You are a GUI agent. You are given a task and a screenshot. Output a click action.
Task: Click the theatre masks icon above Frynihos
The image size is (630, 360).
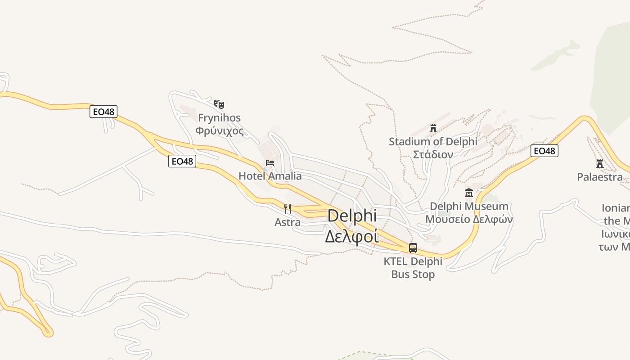click(219, 104)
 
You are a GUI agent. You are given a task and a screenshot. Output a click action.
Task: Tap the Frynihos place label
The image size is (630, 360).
click(220, 118)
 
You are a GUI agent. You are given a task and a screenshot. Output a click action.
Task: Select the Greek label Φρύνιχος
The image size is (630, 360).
click(220, 131)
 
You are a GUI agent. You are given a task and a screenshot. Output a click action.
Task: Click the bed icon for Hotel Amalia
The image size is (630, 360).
click(270, 162)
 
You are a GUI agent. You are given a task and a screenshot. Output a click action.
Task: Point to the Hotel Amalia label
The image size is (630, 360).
click(270, 176)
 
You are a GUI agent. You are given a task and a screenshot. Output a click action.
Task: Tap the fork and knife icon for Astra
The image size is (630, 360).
click(288, 209)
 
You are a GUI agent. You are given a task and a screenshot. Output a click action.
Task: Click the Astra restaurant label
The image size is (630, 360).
click(288, 222)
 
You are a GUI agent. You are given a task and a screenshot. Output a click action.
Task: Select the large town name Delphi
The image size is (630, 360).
click(352, 216)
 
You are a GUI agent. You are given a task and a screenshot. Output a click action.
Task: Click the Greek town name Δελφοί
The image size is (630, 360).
click(352, 236)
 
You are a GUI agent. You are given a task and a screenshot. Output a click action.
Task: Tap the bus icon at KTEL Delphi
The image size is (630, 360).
click(413, 247)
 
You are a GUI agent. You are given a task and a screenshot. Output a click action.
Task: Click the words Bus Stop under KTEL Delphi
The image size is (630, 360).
click(413, 274)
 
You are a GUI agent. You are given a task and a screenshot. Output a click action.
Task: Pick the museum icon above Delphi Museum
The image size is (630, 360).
click(469, 193)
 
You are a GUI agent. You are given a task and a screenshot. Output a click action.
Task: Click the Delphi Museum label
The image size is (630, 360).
click(469, 206)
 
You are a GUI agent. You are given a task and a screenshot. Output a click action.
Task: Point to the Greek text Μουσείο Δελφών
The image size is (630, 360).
click(469, 219)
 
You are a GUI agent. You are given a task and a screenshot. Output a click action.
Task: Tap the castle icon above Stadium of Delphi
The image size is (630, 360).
click(433, 128)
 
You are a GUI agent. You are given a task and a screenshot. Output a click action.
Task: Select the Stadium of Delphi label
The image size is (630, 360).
click(433, 142)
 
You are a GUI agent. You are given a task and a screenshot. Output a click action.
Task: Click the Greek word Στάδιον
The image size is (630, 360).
click(433, 154)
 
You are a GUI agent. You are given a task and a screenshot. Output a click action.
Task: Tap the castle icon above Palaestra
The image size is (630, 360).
click(600, 163)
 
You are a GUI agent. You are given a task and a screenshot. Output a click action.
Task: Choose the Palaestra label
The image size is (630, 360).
click(600, 177)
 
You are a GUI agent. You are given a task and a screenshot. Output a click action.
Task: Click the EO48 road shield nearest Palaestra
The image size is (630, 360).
click(544, 151)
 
